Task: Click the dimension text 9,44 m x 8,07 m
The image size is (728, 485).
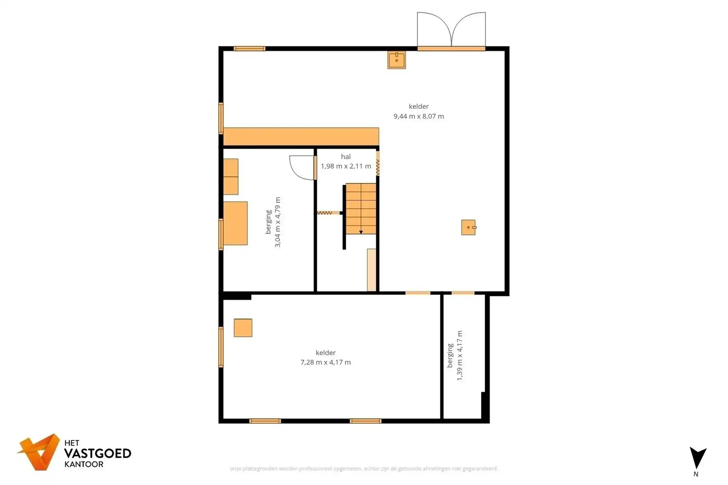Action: coord(419,116)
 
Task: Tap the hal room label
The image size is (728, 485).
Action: coord(346,157)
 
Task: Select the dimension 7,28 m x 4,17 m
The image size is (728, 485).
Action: coord(325,362)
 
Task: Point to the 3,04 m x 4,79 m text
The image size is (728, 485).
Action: coord(278,222)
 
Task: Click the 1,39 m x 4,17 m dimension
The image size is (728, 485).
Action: coord(460,356)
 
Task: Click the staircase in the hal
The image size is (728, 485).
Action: coord(360,208)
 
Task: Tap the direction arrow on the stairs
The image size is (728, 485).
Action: coord(361,232)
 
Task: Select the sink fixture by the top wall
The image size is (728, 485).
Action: coord(396,60)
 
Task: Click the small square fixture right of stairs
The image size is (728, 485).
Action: coord(468,228)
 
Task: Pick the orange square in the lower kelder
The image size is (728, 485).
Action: coord(243,328)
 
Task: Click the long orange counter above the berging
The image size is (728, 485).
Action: coord(301,136)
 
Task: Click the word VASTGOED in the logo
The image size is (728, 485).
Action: coord(98,453)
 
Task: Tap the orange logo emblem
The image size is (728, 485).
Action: coord(39,452)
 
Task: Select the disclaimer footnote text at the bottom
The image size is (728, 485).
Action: coord(364,469)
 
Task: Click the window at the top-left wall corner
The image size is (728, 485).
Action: coord(249,49)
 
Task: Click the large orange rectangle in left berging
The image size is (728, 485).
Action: coord(235,223)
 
